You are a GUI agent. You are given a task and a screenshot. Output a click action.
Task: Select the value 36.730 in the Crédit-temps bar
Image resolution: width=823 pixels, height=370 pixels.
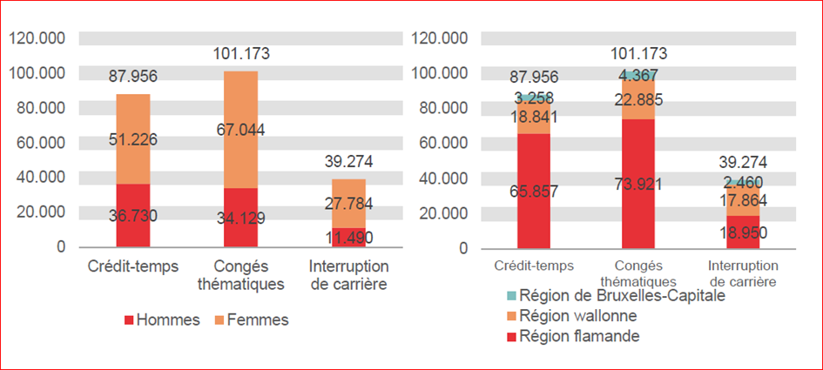click(133, 217)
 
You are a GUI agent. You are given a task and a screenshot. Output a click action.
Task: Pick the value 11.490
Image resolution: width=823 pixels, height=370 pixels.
click(348, 238)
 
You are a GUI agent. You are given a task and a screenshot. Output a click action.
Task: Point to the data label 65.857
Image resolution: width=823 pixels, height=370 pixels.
click(534, 192)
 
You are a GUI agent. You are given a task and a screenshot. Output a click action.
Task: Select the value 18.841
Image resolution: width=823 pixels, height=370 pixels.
click(534, 117)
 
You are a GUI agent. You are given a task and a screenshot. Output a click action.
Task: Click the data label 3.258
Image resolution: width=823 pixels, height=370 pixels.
click(534, 98)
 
